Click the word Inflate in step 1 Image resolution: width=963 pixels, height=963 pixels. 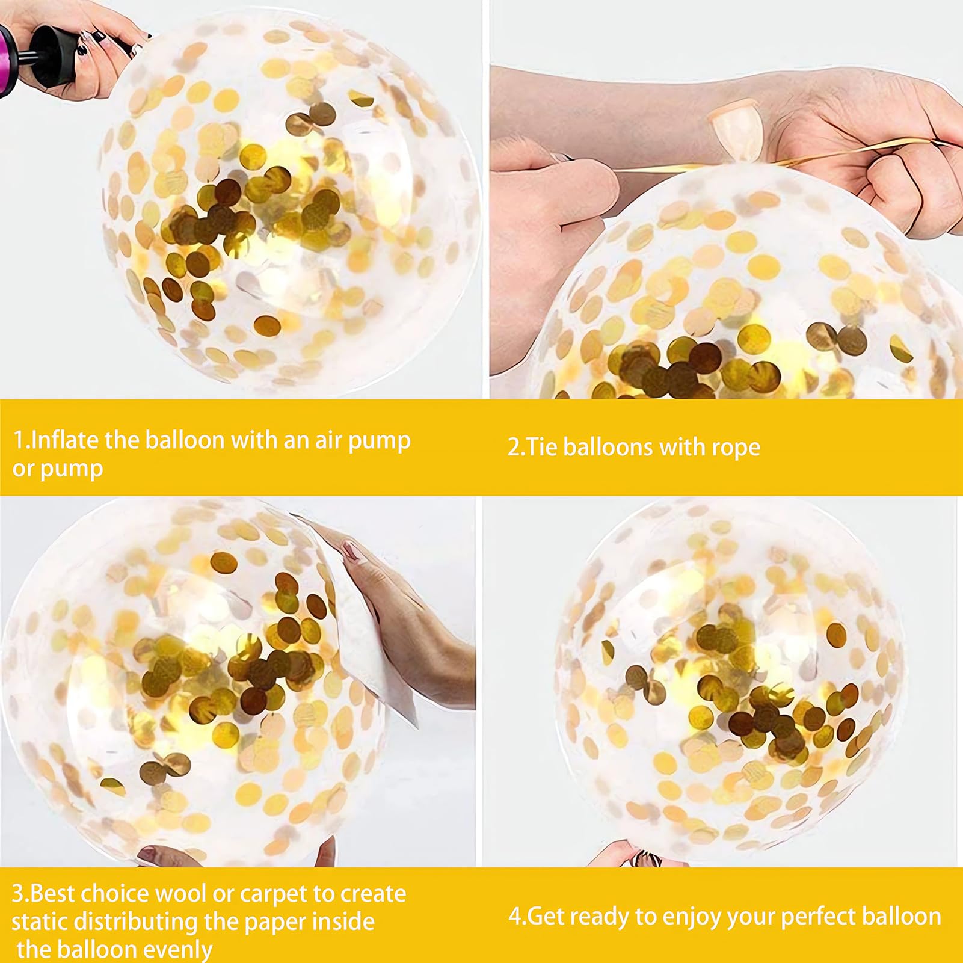pos(64,440)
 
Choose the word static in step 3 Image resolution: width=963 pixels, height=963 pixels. pos(43,921)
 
